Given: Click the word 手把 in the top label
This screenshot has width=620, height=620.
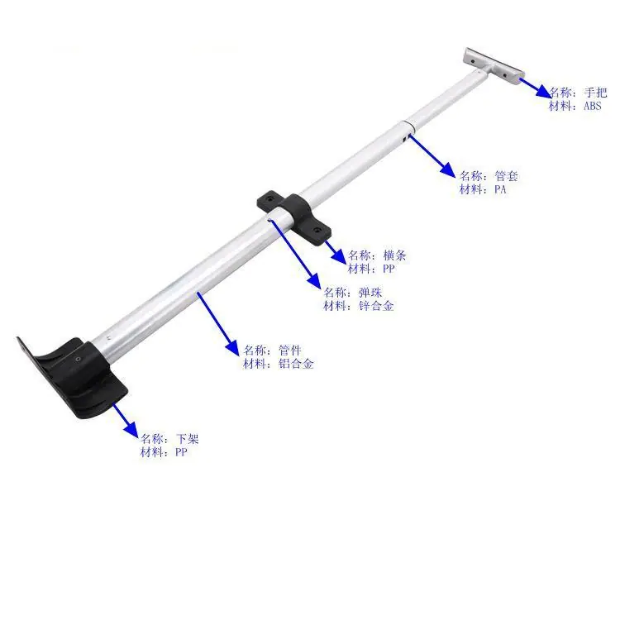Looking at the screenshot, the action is pyautogui.click(x=595, y=93).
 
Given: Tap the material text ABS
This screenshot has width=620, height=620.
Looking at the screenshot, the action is pyautogui.click(x=593, y=106).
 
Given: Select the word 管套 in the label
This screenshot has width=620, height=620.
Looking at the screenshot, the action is pyautogui.click(x=506, y=176).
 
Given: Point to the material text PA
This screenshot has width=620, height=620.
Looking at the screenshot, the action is pyautogui.click(x=500, y=189).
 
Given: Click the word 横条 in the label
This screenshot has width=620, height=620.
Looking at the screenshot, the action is pyautogui.click(x=394, y=255).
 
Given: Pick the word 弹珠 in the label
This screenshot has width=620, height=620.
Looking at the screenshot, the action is pyautogui.click(x=370, y=293).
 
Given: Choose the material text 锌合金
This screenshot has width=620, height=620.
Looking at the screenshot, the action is pyautogui.click(x=376, y=306).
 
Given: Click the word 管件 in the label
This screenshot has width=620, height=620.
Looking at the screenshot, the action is pyautogui.click(x=290, y=351).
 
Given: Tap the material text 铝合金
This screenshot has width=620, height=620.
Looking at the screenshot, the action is pyautogui.click(x=296, y=364).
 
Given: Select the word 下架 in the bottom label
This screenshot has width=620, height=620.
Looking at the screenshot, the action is pyautogui.click(x=187, y=439).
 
